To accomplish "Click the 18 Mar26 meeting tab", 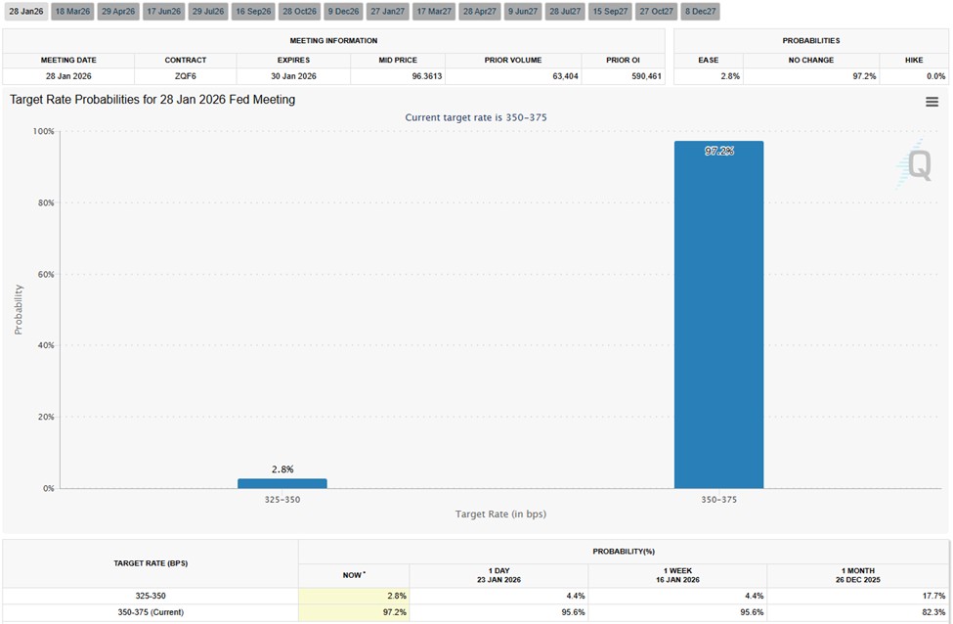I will click(x=73, y=11).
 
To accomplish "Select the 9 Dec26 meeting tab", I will click(x=343, y=11).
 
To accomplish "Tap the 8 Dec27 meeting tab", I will click(x=700, y=11).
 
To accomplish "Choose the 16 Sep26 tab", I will click(x=253, y=11).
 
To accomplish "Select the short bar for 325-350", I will click(x=282, y=483).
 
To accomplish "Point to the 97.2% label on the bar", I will click(x=718, y=152).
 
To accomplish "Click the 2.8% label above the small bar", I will click(x=282, y=469).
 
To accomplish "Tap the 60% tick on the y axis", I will click(x=44, y=275).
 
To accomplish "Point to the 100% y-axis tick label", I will click(x=42, y=131).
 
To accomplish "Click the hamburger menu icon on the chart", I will click(x=931, y=102).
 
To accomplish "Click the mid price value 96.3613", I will click(x=398, y=76).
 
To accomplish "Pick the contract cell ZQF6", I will click(x=186, y=76).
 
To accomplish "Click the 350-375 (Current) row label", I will click(x=150, y=612).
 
